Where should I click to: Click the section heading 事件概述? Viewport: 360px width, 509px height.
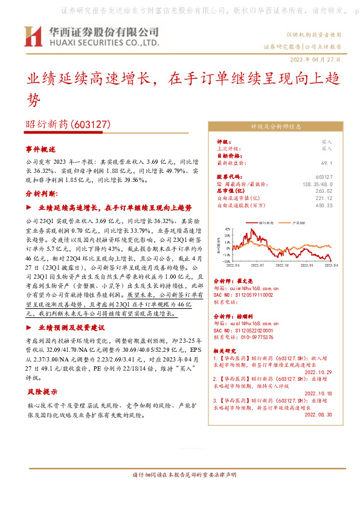[40, 148]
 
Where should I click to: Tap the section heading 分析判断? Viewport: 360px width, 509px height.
[42, 194]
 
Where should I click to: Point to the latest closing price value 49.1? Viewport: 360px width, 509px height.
[344, 163]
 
